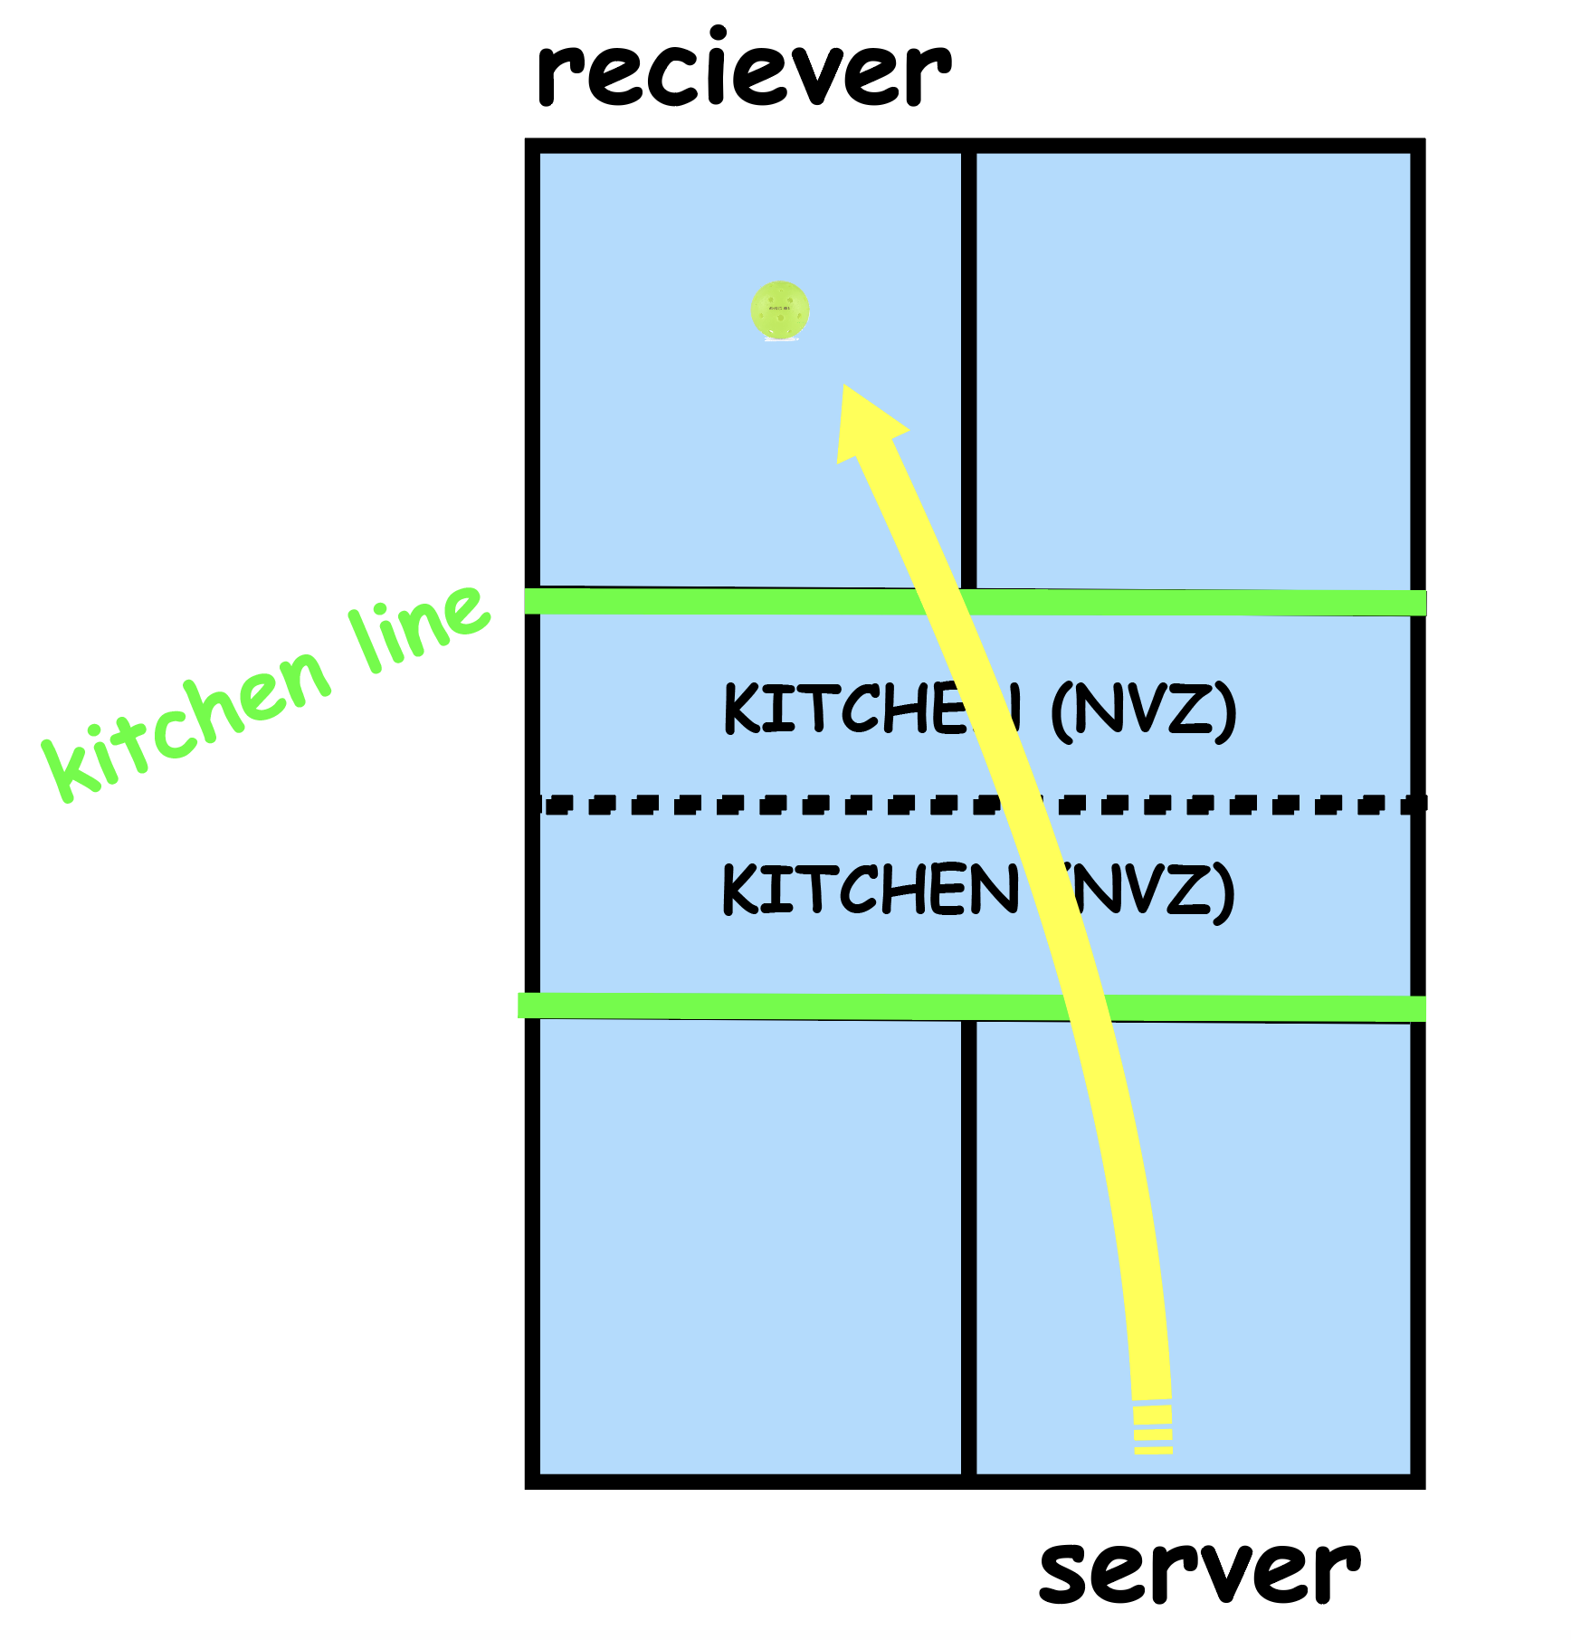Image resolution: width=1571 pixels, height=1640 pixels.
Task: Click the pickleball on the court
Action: pyautogui.click(x=779, y=310)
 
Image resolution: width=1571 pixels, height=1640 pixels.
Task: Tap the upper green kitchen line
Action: pyautogui.click(x=724, y=601)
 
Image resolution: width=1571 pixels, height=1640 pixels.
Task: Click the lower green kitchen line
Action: pyautogui.click(x=724, y=1006)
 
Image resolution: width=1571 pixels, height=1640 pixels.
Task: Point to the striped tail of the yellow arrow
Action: pyautogui.click(x=1153, y=1429)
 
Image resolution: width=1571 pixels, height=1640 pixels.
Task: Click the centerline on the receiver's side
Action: pyautogui.click(x=968, y=362)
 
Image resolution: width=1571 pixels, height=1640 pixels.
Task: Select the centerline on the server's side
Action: pyautogui.click(x=968, y=1249)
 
